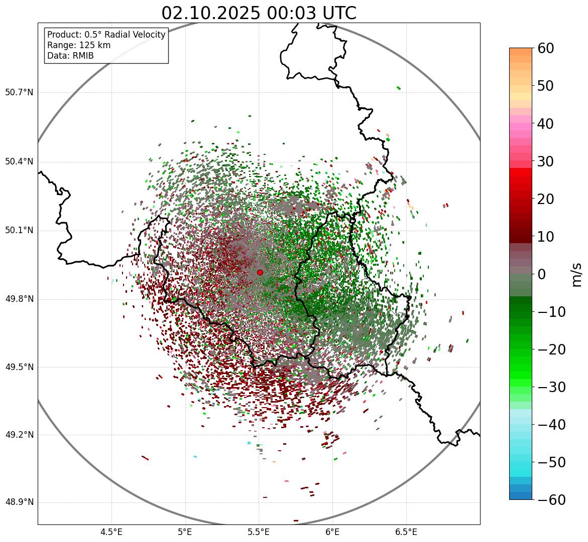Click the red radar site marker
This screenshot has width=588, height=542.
[x=260, y=272]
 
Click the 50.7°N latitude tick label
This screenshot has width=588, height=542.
[x=19, y=93]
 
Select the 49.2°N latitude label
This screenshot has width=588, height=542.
[x=19, y=435]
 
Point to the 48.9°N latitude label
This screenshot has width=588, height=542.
[x=19, y=502]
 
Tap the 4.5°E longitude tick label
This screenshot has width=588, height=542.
[x=111, y=532]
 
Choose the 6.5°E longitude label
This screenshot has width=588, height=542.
[x=406, y=532]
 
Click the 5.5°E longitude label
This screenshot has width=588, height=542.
[x=259, y=532]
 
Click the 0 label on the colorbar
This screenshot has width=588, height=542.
[x=542, y=274]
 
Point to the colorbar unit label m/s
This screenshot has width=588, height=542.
[x=577, y=274]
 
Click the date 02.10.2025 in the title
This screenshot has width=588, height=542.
[x=211, y=13]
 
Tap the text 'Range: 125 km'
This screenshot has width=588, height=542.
[x=79, y=45]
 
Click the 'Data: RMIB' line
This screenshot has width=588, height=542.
[x=70, y=56]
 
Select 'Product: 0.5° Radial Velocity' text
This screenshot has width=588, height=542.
[x=106, y=35]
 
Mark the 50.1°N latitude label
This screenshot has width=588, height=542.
[x=19, y=231]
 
